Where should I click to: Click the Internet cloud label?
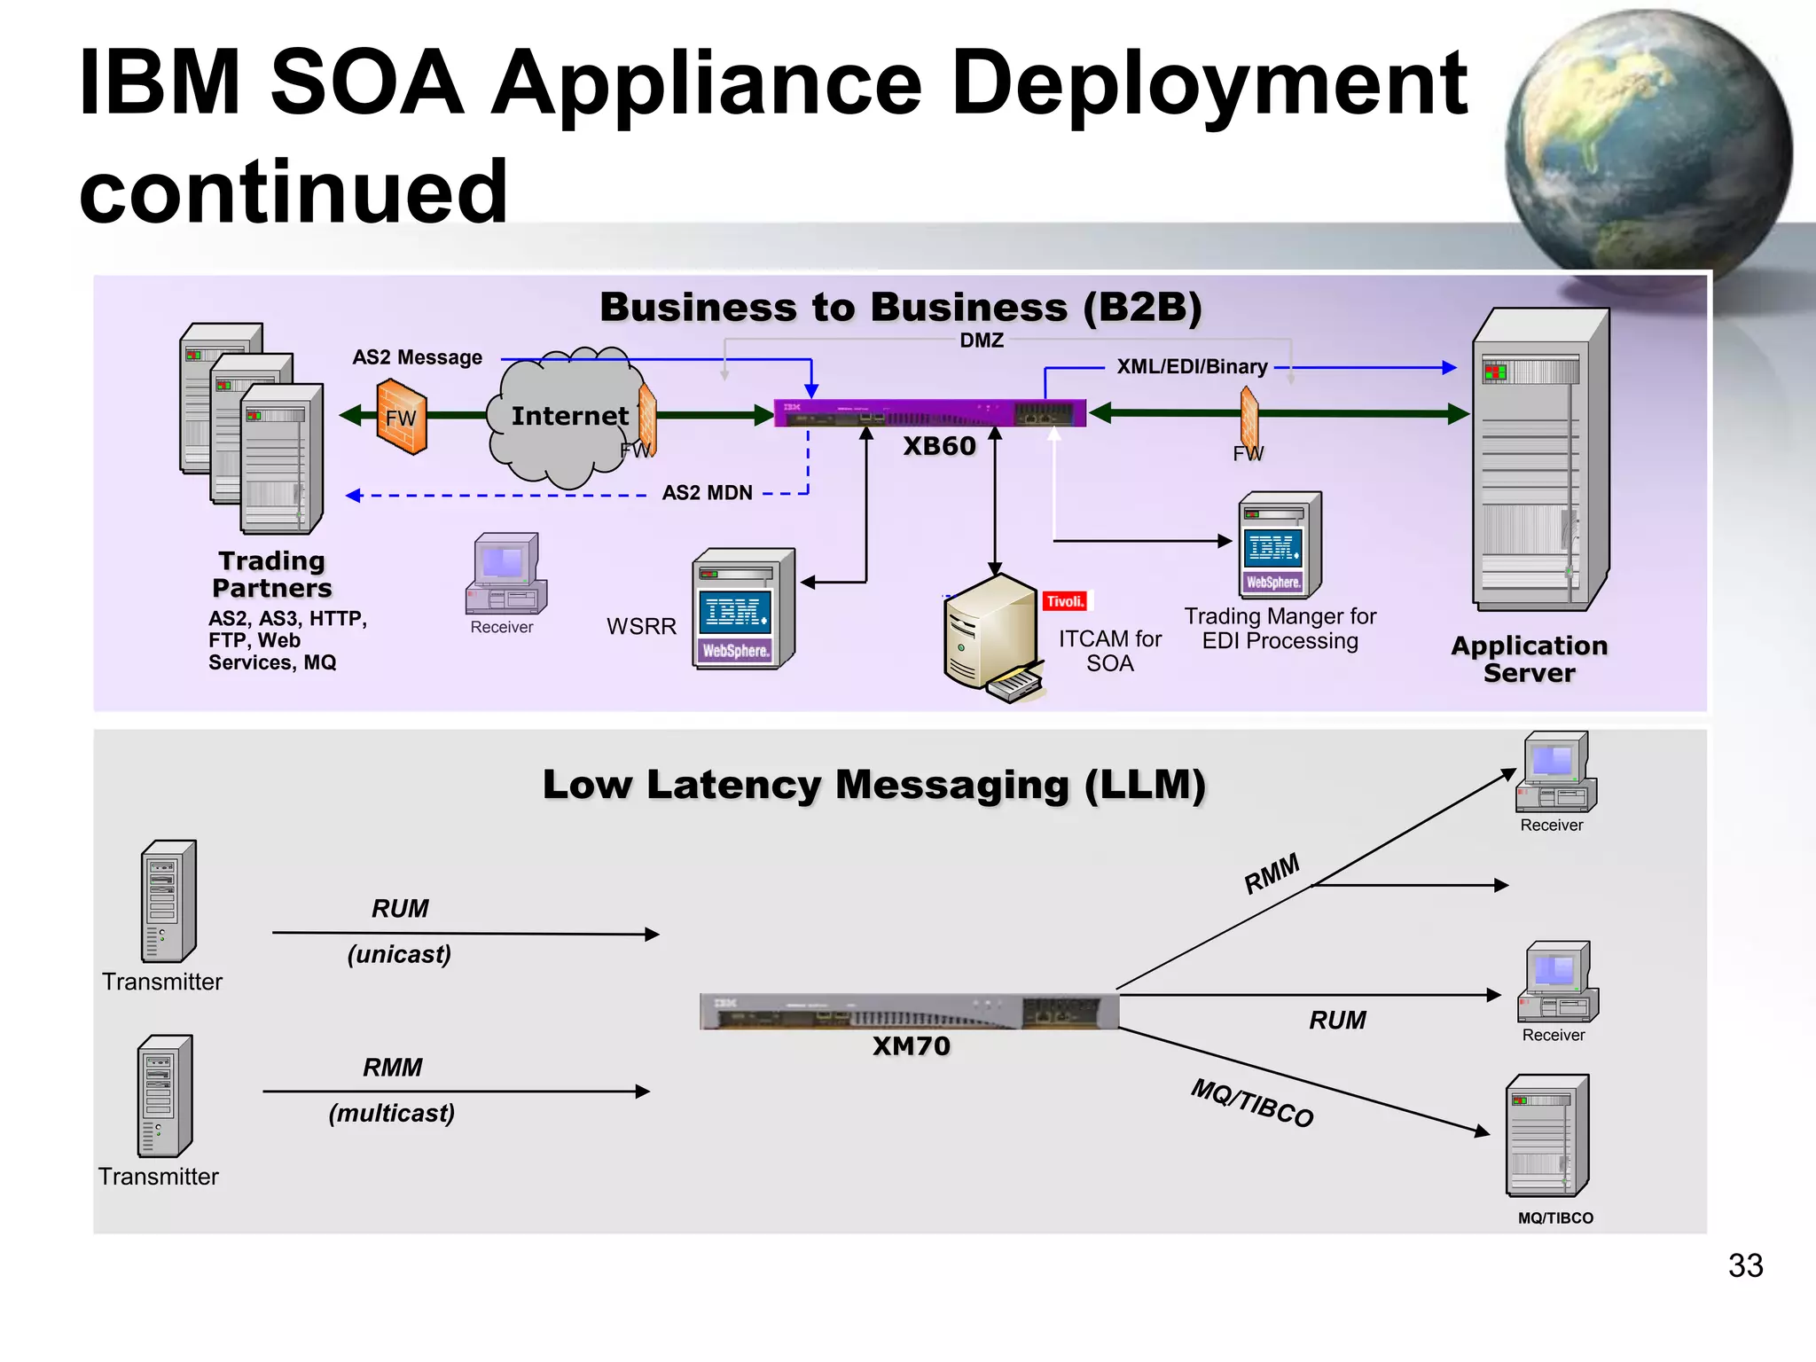[x=569, y=416]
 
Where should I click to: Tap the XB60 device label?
[x=939, y=446]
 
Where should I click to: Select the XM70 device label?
[x=911, y=1046]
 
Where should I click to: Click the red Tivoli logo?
[x=1065, y=601]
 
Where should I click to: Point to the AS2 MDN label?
[x=707, y=493]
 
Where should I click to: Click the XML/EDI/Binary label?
[x=1191, y=367]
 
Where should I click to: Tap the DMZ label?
[x=982, y=340]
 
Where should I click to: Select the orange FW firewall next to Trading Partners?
[x=402, y=417]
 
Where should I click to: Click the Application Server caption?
[x=1529, y=659]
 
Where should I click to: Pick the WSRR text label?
[x=641, y=627]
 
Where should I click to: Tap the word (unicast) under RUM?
[x=399, y=954]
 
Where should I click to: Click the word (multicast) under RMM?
[x=391, y=1113]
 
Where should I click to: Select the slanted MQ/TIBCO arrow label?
[x=1251, y=1103]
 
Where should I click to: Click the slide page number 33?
[x=1744, y=1265]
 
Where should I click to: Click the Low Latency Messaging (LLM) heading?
[x=873, y=785]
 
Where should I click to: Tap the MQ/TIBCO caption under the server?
[x=1555, y=1218]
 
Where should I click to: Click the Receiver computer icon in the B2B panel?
[x=505, y=575]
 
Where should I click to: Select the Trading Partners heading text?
[x=272, y=575]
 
